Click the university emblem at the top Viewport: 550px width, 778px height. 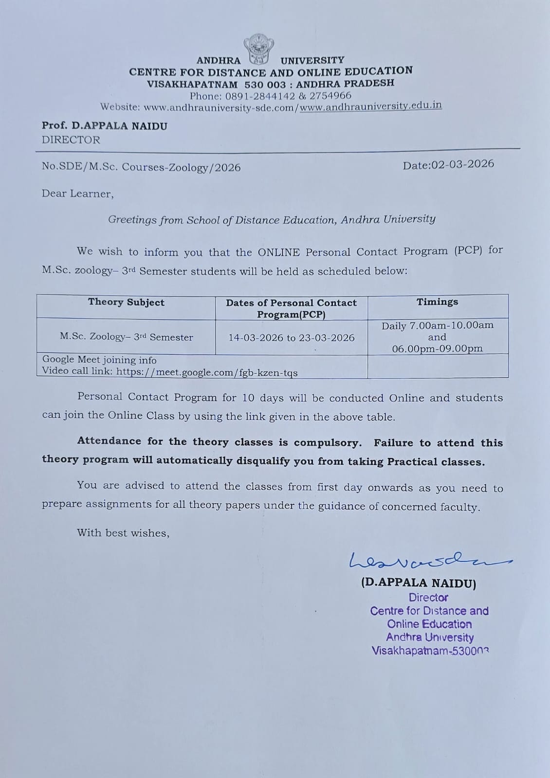(259, 50)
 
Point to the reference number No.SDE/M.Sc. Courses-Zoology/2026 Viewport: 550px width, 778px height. (141, 167)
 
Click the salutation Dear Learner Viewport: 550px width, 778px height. (77, 194)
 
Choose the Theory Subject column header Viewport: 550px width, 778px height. (126, 302)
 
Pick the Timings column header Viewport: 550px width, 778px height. (437, 302)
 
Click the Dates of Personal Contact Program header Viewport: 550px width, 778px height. (291, 308)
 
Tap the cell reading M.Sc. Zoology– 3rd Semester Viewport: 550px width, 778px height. (126, 337)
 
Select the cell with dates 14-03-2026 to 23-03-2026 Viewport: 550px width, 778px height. (292, 337)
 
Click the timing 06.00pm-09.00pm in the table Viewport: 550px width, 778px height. (437, 348)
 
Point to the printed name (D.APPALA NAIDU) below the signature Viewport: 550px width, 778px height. (419, 583)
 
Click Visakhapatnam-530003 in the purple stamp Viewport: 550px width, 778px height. (430, 651)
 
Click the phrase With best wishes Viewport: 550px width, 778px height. (123, 533)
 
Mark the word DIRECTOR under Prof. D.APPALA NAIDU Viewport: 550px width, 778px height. (71, 140)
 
